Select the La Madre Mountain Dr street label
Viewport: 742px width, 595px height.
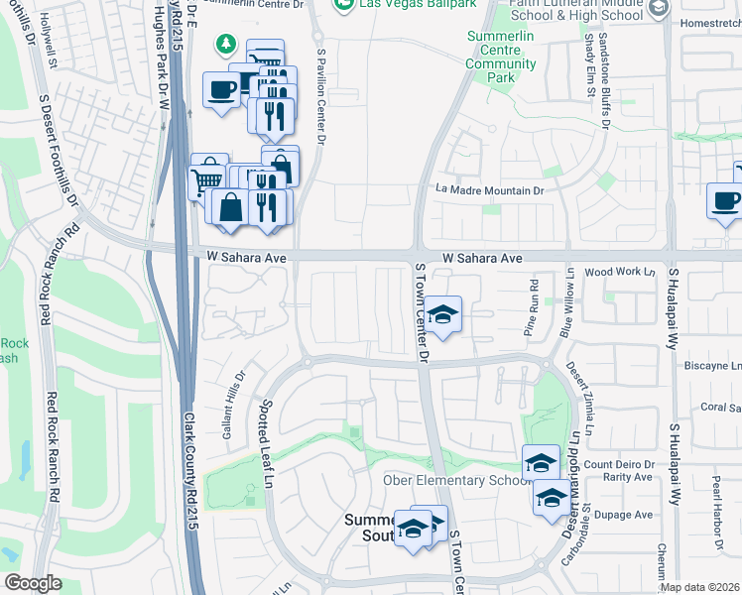[x=491, y=190]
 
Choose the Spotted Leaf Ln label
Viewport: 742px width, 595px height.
[x=266, y=443]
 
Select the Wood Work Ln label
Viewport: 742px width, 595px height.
[x=622, y=272]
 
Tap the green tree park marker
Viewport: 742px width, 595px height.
[x=227, y=44]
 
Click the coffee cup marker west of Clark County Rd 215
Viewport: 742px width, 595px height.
[x=220, y=89]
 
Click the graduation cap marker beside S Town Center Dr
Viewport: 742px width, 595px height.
[x=444, y=314]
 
